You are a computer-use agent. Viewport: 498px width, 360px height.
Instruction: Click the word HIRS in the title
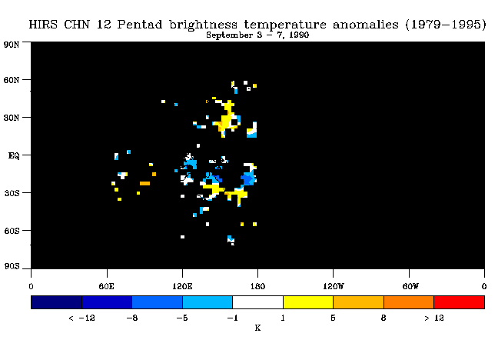pyautogui.click(x=43, y=25)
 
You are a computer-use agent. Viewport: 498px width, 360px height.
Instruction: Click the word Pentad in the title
pyautogui.click(x=140, y=25)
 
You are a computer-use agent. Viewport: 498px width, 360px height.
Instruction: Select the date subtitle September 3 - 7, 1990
pyautogui.click(x=257, y=35)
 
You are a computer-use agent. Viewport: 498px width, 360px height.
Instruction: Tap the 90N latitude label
pyautogui.click(x=12, y=45)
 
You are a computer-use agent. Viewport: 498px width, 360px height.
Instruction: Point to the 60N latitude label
pyautogui.click(x=12, y=80)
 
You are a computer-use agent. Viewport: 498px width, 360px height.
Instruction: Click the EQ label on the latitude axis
pyautogui.click(x=14, y=155)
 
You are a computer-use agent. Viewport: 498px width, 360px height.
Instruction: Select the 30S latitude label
pyautogui.click(x=12, y=193)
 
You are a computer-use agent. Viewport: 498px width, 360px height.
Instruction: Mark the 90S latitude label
pyautogui.click(x=12, y=266)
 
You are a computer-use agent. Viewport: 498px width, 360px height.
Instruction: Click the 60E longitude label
pyautogui.click(x=106, y=286)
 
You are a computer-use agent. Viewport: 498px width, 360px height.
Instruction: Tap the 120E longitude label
pyautogui.click(x=182, y=286)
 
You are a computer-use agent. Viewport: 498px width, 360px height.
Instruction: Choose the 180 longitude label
pyautogui.click(x=257, y=286)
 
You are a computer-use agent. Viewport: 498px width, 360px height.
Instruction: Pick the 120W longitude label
pyautogui.click(x=334, y=286)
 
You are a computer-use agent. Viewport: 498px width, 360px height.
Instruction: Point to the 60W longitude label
pyautogui.click(x=410, y=286)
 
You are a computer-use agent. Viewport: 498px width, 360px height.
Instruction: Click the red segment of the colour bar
pyautogui.click(x=460, y=302)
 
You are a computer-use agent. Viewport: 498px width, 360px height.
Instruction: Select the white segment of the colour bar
pyautogui.click(x=257, y=302)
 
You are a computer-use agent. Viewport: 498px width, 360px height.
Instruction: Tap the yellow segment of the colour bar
pyautogui.click(x=308, y=302)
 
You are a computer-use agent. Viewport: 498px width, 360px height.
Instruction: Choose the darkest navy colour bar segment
pyautogui.click(x=57, y=302)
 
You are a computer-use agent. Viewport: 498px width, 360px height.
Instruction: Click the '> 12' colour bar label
pyautogui.click(x=434, y=318)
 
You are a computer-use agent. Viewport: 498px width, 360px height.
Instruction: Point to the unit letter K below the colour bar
pyautogui.click(x=257, y=328)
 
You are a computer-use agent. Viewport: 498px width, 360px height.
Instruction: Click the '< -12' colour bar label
pyautogui.click(x=81, y=318)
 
